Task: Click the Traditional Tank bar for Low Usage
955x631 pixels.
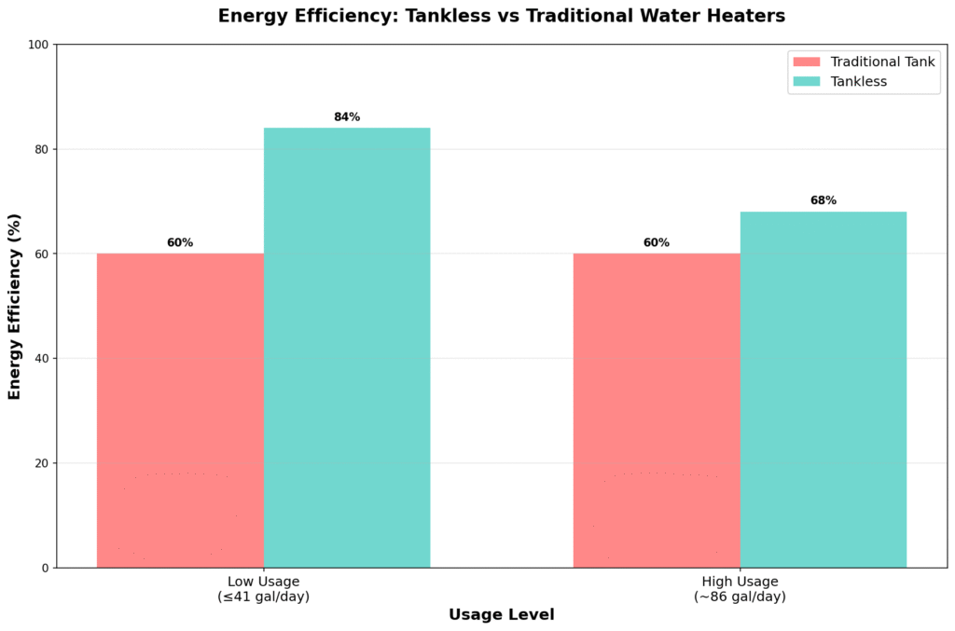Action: (x=180, y=410)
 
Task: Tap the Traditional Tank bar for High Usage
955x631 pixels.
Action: (x=657, y=410)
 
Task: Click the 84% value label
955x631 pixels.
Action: (x=347, y=117)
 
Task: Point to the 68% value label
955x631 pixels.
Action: (x=824, y=200)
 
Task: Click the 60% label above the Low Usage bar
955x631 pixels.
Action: (x=180, y=243)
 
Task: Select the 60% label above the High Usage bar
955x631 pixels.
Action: (x=657, y=243)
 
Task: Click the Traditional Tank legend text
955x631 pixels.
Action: (x=883, y=62)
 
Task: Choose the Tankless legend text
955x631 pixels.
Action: (x=859, y=82)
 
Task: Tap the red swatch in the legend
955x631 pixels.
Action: (x=807, y=62)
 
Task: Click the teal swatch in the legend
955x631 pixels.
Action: (x=807, y=82)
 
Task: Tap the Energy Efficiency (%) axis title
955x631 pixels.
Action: (x=15, y=306)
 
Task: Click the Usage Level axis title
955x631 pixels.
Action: (x=502, y=615)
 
